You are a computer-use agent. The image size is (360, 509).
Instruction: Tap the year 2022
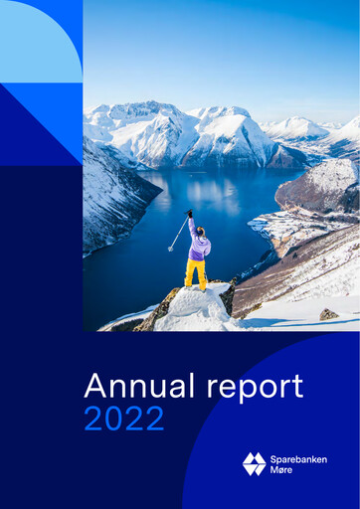(x=123, y=420)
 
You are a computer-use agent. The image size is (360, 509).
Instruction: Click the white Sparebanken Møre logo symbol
(x=255, y=463)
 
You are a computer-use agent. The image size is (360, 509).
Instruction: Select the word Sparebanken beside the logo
(x=298, y=458)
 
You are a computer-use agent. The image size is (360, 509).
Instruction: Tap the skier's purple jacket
(x=198, y=246)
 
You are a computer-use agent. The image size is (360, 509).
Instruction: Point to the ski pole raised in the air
(x=177, y=235)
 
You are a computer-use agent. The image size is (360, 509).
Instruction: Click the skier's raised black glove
(x=189, y=213)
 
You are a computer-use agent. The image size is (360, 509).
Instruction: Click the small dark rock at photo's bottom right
(x=329, y=314)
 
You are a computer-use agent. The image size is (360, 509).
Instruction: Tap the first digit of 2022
(x=94, y=420)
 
